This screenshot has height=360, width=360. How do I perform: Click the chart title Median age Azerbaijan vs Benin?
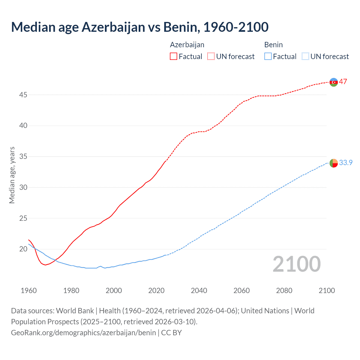[x=140, y=27]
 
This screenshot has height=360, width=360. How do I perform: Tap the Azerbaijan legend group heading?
[x=187, y=45]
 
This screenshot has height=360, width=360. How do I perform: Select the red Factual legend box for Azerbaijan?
[x=174, y=57]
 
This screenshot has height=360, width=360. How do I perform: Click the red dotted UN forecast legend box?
[x=211, y=57]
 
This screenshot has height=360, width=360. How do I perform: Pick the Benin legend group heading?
[x=273, y=45]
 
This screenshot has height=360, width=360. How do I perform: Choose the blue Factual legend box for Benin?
[x=268, y=57]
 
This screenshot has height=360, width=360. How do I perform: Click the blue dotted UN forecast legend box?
[x=305, y=57]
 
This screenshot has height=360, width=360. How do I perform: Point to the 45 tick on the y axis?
[x=23, y=95]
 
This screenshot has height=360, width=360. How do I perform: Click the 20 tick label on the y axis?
[x=23, y=249]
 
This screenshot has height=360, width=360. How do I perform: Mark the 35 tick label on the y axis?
[x=23, y=156]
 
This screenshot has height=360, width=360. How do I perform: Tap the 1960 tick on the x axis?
[x=29, y=291]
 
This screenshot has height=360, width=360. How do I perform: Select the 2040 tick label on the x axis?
[x=199, y=291]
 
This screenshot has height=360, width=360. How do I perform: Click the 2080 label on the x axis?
[x=284, y=291]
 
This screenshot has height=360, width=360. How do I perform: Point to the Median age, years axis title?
[x=12, y=175]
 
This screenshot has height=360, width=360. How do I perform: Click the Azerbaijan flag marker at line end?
[x=334, y=82]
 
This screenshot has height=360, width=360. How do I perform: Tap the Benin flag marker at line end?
[x=334, y=163]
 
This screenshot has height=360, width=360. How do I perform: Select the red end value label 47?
[x=343, y=82]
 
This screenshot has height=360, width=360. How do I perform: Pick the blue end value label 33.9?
[x=346, y=163]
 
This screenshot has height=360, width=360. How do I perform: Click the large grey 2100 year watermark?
[x=296, y=264]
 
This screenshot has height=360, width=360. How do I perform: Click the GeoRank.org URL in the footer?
[x=83, y=333]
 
